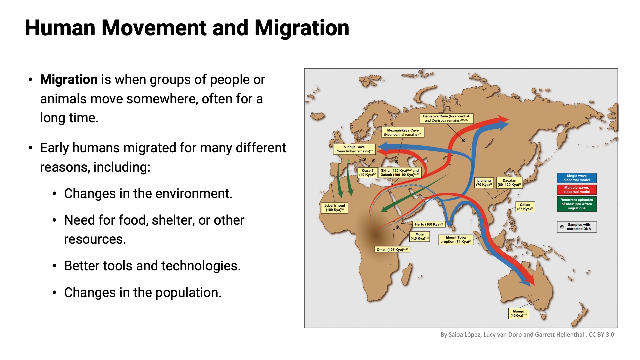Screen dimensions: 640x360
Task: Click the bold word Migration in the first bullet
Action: (69, 80)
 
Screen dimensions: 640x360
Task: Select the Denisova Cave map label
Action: (446, 118)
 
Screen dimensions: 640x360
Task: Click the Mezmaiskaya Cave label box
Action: (403, 132)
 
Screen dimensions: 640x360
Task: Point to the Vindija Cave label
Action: (354, 149)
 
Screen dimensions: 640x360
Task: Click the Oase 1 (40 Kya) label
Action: (367, 172)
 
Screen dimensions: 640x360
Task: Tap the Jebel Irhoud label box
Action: (334, 208)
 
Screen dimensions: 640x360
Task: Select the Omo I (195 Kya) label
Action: (392, 249)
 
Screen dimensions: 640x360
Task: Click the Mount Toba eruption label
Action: (455, 240)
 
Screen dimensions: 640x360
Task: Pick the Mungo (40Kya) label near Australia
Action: (518, 313)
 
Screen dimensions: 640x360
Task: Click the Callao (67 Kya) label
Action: (525, 207)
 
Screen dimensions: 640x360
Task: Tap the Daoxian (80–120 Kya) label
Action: (509, 183)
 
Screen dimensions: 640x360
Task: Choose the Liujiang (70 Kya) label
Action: (484, 183)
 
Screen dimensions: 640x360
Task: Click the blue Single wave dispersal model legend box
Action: (576, 178)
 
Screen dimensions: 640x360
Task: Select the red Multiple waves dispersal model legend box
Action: (576, 190)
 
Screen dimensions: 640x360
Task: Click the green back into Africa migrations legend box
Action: (576, 204)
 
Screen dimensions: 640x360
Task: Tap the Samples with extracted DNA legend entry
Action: (577, 227)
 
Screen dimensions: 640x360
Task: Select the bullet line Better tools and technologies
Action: (152, 266)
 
